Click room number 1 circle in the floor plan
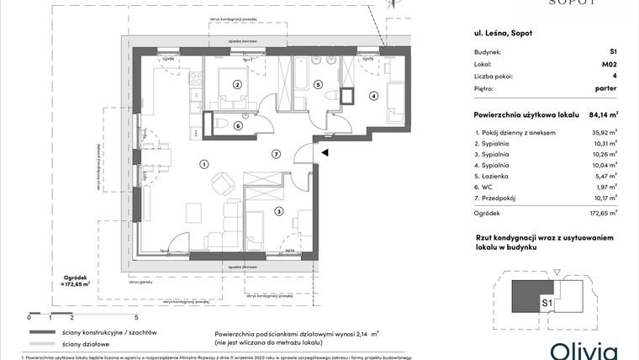[203, 163]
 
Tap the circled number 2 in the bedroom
[238, 84]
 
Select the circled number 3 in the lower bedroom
[278, 211]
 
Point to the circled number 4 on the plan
[373, 96]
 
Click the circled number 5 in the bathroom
[318, 84]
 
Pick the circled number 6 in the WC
[238, 126]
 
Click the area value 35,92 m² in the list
[600, 133]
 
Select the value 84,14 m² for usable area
[601, 114]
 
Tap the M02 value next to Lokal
[608, 63]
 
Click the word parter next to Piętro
[605, 87]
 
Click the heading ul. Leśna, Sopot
[504, 33]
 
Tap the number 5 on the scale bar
[135, 318]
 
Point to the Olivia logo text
[584, 350]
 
